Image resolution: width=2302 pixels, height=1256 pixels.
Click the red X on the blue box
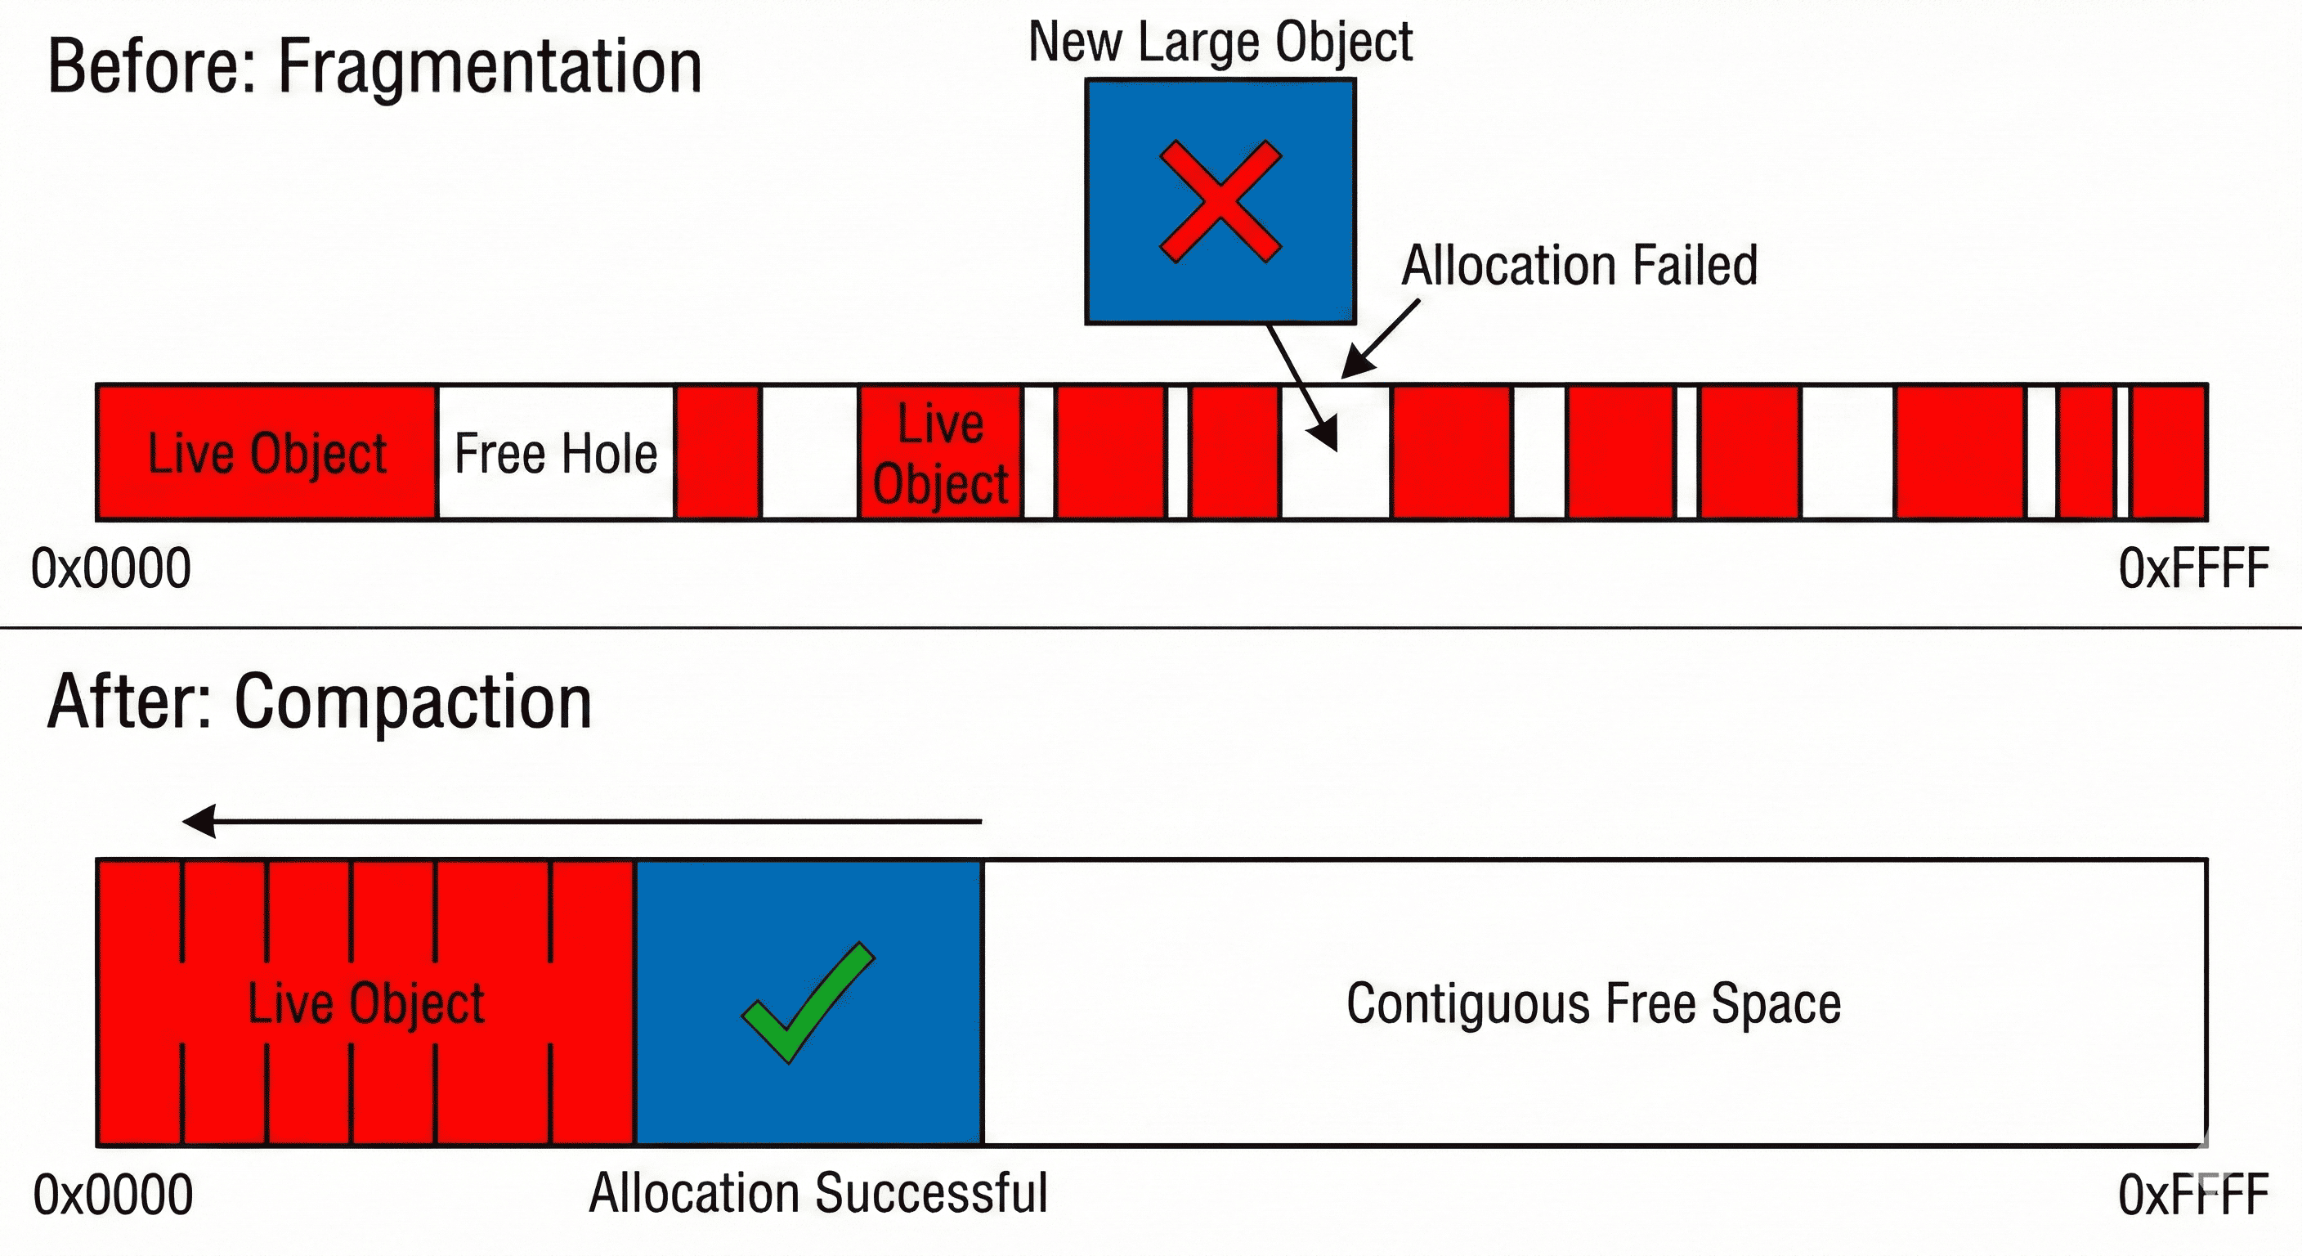pyautogui.click(x=1220, y=201)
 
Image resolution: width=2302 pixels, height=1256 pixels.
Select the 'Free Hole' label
pyautogui.click(x=556, y=453)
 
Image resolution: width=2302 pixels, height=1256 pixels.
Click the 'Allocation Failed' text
pyautogui.click(x=1579, y=266)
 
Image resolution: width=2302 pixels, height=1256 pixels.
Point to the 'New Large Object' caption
pyautogui.click(x=1220, y=42)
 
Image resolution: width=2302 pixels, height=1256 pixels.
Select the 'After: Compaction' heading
pyautogui.click(x=319, y=702)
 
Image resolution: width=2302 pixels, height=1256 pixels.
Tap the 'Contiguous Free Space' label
pyautogui.click(x=1593, y=1003)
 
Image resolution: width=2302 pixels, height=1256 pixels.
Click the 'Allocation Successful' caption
pyautogui.click(x=817, y=1193)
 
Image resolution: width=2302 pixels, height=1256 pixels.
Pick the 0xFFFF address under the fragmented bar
pyautogui.click(x=2193, y=568)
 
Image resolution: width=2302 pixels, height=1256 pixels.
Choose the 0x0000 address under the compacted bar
pyautogui.click(x=113, y=1195)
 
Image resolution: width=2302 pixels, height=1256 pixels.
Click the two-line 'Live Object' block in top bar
pyautogui.click(x=940, y=453)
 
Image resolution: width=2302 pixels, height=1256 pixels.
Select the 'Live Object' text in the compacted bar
pyautogui.click(x=365, y=1003)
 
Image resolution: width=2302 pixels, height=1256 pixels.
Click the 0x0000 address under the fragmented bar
pyautogui.click(x=111, y=568)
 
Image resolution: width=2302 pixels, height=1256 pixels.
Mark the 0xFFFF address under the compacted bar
pyautogui.click(x=2193, y=1195)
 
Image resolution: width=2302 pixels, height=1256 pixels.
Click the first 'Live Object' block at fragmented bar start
pyautogui.click(x=266, y=453)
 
